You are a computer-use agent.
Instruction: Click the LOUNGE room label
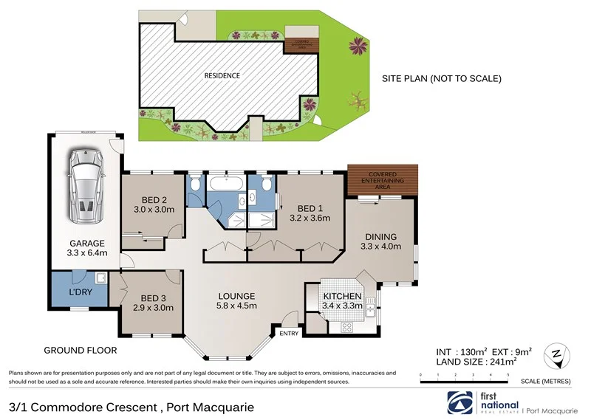[236, 295]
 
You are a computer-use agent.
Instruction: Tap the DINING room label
[382, 237]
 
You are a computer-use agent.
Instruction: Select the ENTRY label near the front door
[289, 334]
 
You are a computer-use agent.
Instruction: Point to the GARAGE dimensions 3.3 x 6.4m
[88, 253]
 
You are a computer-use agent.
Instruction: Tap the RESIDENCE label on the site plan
[222, 75]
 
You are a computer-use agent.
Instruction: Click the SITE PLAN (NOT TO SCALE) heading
[441, 78]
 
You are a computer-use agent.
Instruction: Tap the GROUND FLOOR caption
[76, 349]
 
